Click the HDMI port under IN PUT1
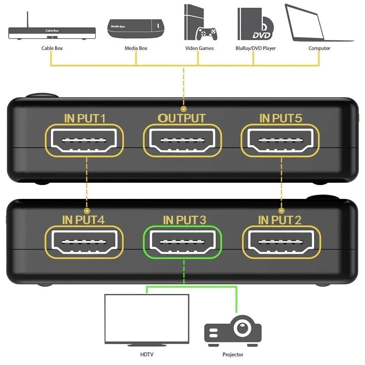pos(84,141)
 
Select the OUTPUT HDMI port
pos(182,141)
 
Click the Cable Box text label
pos(52,48)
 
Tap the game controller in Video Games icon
pos(207,34)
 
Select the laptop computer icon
pos(316,24)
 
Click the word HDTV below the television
pos(147,355)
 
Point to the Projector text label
pos(233,355)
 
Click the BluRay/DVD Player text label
pos(255,48)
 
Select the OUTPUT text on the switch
pos(182,118)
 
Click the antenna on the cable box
pos(28,19)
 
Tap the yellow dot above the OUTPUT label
pos(184,109)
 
